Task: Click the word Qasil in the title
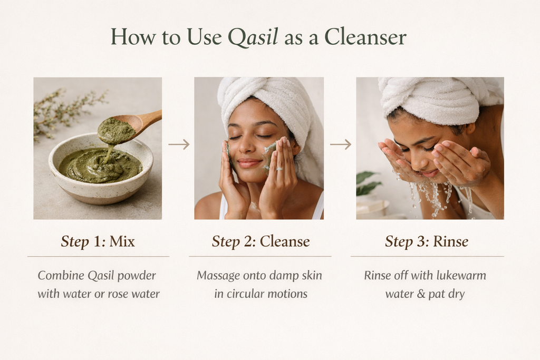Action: (253, 37)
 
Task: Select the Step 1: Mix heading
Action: (98, 242)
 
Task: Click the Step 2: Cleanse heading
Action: (261, 242)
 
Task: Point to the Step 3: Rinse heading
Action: (427, 242)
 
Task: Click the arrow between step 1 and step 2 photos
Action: (179, 144)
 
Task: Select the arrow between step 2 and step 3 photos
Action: (340, 144)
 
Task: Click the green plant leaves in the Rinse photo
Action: (366, 182)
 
